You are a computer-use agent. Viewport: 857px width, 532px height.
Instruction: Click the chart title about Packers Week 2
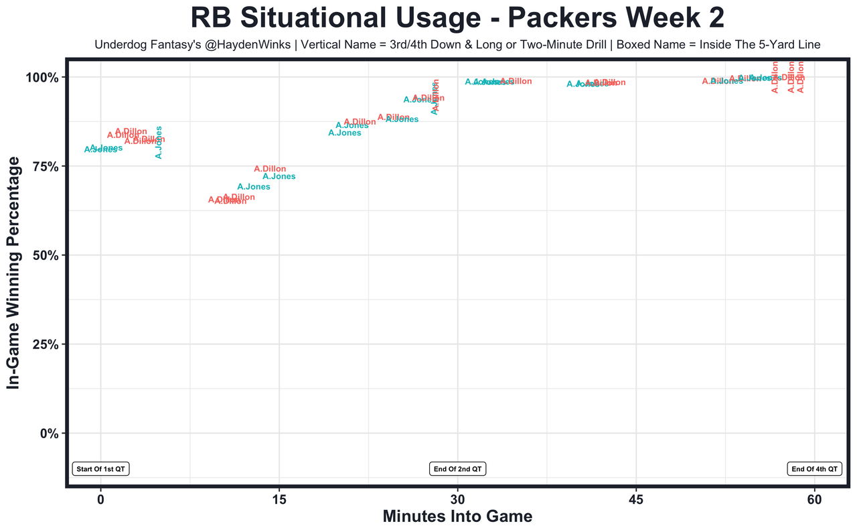pos(457,17)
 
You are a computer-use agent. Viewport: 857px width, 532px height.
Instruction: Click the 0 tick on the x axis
pos(100,499)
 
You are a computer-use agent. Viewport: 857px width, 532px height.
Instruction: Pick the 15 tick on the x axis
pos(279,499)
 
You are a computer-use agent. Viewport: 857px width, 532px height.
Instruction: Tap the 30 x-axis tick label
pos(457,499)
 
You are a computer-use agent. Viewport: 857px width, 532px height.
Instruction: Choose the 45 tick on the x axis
pos(636,499)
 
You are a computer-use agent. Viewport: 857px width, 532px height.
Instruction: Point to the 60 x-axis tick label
pos(814,499)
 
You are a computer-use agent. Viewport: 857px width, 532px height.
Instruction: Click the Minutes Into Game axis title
pos(457,517)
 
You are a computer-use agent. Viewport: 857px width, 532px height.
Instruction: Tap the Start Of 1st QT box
pos(100,469)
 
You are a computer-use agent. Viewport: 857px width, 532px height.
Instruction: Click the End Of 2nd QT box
pos(457,469)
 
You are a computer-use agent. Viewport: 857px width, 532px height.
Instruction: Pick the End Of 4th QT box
pos(814,469)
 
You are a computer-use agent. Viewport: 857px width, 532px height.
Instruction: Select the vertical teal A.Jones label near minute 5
pos(159,143)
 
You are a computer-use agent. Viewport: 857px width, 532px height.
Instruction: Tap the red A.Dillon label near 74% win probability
pos(270,169)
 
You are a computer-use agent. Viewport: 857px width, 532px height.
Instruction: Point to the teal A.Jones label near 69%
pos(254,187)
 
